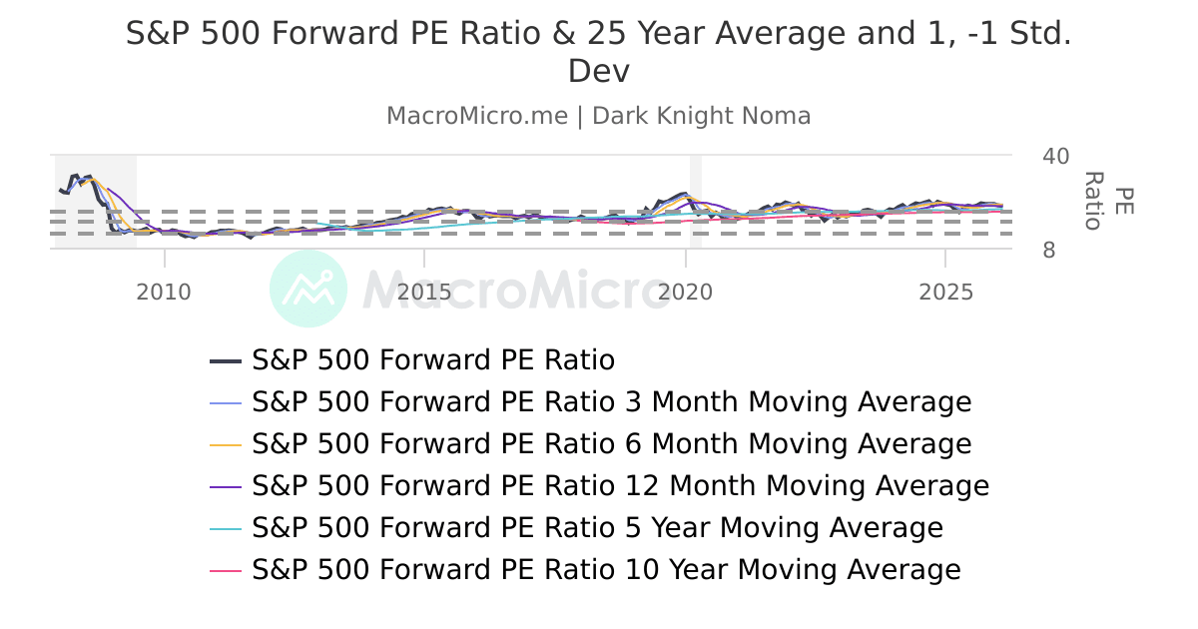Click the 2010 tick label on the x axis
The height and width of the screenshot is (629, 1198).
(x=164, y=293)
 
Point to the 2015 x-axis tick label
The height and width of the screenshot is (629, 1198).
(x=424, y=293)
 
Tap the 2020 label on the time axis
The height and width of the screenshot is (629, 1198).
(x=686, y=293)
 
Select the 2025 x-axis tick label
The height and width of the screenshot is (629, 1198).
(x=945, y=293)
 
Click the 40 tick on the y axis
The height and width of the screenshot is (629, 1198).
(x=1055, y=157)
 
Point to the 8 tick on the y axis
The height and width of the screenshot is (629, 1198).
(x=1049, y=251)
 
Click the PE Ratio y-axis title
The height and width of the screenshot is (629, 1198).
(x=1108, y=201)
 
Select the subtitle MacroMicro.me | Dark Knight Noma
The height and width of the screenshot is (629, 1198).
(x=599, y=116)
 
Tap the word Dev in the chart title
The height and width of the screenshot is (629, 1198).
(x=599, y=72)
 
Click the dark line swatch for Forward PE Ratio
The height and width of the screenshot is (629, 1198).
(x=227, y=360)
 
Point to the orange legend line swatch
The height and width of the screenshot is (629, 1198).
(x=227, y=444)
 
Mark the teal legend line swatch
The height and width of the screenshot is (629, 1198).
(x=227, y=528)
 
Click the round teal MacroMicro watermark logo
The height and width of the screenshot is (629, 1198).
(x=308, y=289)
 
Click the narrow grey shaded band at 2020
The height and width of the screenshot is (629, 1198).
(x=696, y=201)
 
